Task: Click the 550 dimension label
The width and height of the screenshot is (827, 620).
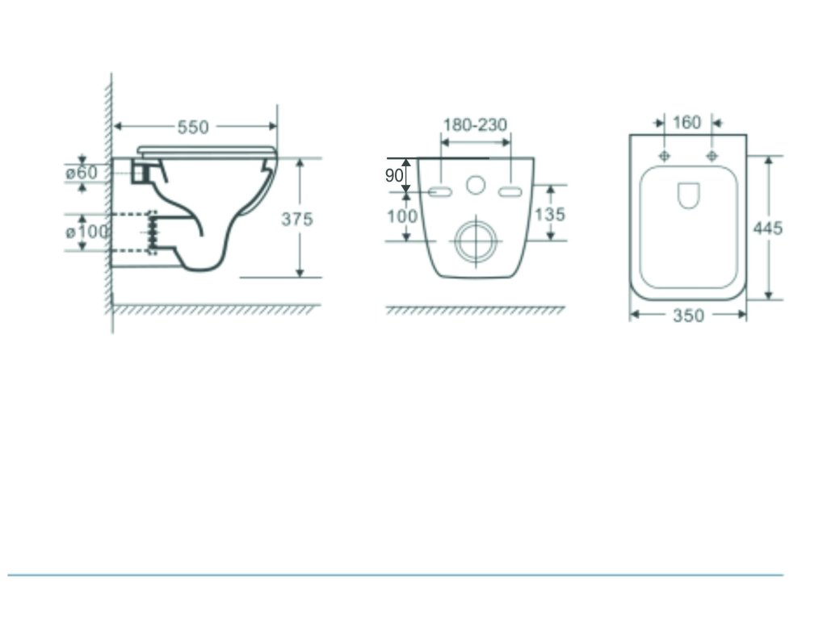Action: tap(193, 127)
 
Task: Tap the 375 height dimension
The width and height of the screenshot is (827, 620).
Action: tap(297, 219)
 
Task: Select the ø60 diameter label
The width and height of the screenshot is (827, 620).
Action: tap(82, 173)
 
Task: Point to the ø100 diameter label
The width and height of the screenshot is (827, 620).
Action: tap(87, 232)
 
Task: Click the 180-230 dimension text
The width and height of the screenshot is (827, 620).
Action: tap(475, 125)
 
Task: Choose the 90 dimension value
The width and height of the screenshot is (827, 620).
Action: tap(394, 175)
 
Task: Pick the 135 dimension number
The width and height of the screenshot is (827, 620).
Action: tap(550, 214)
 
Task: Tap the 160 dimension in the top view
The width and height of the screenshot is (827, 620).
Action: tap(687, 123)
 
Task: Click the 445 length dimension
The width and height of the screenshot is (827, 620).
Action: tap(768, 228)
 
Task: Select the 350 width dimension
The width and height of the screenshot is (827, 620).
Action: tap(688, 316)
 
